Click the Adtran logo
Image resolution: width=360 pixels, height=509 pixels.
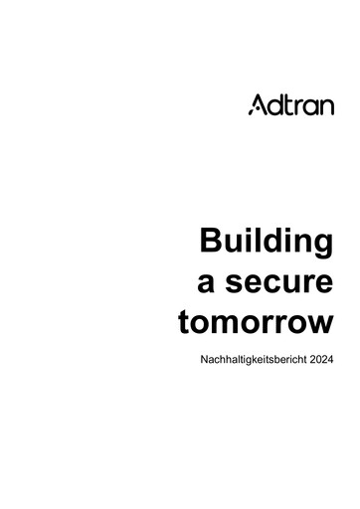[x=290, y=105]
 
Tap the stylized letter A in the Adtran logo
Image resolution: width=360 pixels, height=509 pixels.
[x=256, y=105]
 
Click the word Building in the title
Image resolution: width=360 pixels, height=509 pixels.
[x=266, y=242]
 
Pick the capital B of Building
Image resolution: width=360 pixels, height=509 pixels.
[x=211, y=241]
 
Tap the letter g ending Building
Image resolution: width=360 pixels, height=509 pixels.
[x=321, y=246]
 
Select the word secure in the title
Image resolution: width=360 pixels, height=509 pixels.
[x=281, y=285]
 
